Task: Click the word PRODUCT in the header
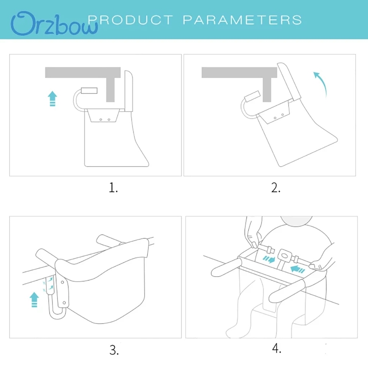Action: point(130,20)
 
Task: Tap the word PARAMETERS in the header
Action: point(242,20)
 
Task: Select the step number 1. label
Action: point(113,188)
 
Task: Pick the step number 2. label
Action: point(276,188)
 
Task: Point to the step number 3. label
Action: point(114,350)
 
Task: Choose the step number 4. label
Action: point(277,348)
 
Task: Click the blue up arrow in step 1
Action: point(53,99)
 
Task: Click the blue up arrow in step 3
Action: point(34,299)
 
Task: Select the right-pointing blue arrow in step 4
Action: point(269,260)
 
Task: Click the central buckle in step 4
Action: point(285,256)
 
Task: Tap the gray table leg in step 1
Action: point(110,90)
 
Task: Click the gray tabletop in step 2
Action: point(239,72)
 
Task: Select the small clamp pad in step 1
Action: point(89,90)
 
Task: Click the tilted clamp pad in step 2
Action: point(252,96)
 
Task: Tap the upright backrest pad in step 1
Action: point(129,91)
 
